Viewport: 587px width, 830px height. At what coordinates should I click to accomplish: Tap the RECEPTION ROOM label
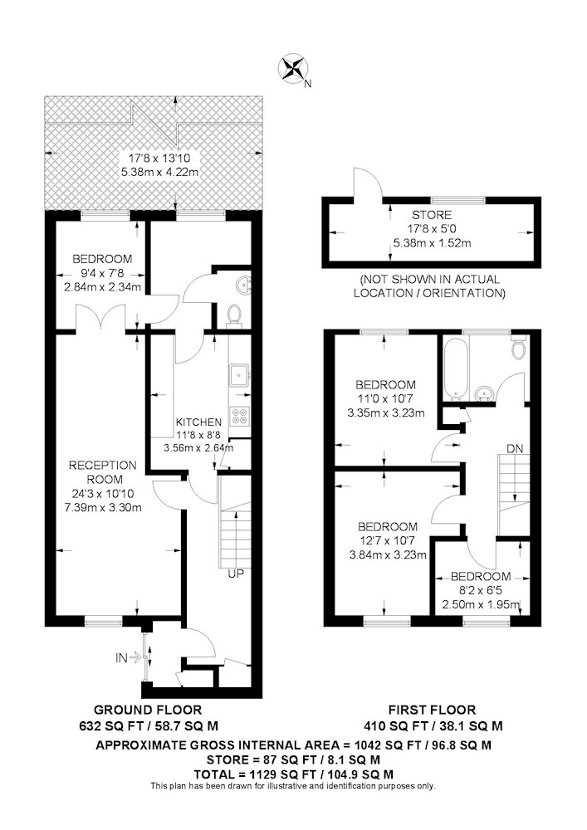tap(95, 472)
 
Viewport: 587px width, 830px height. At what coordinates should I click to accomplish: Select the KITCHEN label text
tap(198, 422)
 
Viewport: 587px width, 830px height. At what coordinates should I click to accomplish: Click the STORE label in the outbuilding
tap(432, 215)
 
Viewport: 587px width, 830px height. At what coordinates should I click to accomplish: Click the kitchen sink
tap(240, 375)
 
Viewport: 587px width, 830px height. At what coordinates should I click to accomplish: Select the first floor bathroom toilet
tap(518, 346)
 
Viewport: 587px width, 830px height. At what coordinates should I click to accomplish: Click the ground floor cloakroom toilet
tap(234, 315)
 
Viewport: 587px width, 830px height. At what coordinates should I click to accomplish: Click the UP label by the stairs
tap(236, 574)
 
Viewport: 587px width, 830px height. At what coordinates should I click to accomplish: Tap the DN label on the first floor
tap(515, 449)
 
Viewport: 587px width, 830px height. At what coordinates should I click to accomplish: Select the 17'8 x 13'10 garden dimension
tap(160, 158)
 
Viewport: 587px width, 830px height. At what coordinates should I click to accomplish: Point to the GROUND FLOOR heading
tap(148, 710)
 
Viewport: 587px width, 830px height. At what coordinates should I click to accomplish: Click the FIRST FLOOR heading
tap(433, 710)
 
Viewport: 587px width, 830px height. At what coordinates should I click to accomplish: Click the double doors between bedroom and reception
tap(100, 319)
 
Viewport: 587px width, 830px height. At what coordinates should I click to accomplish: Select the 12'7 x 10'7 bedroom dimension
tap(388, 540)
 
